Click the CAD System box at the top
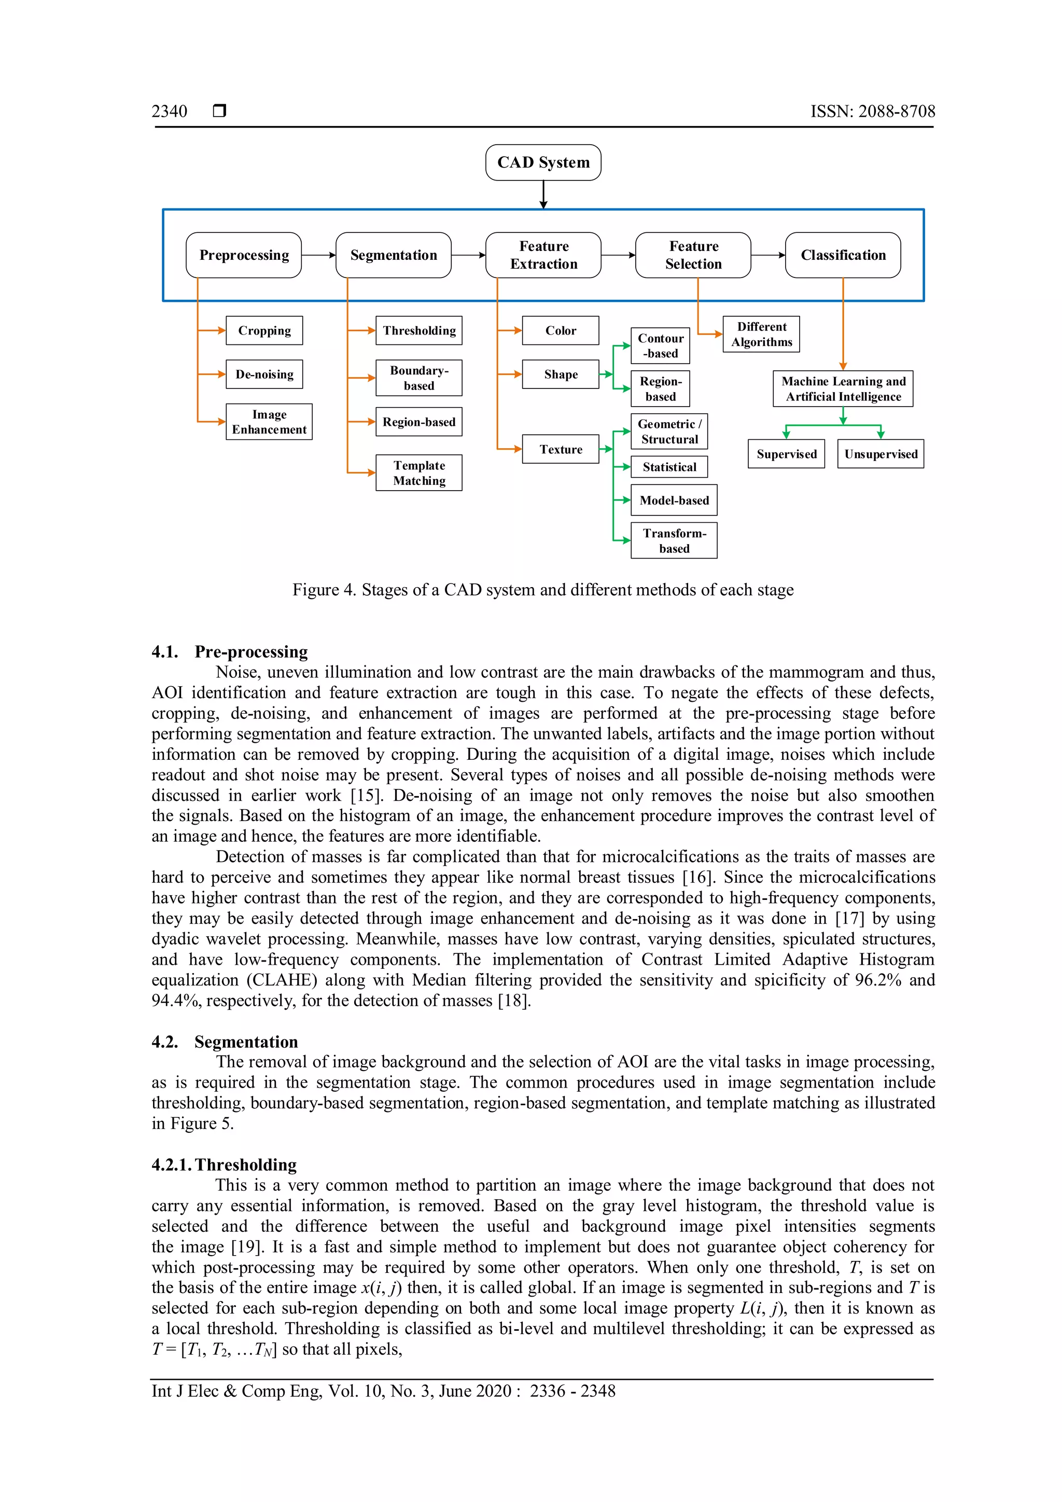click(x=543, y=162)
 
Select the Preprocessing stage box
click(x=243, y=255)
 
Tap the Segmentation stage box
click(x=393, y=255)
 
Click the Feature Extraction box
click(x=543, y=255)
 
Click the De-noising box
click(x=264, y=374)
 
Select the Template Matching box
click(x=418, y=473)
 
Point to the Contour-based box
click(x=660, y=346)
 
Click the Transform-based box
click(x=674, y=540)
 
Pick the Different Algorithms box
click(x=761, y=335)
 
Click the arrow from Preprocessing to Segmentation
click(x=318, y=255)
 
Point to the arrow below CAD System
click(x=543, y=195)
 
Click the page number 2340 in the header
click(x=170, y=111)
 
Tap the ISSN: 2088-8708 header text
click(x=872, y=111)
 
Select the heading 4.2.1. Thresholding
click(x=225, y=1165)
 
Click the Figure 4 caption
click(x=543, y=590)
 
